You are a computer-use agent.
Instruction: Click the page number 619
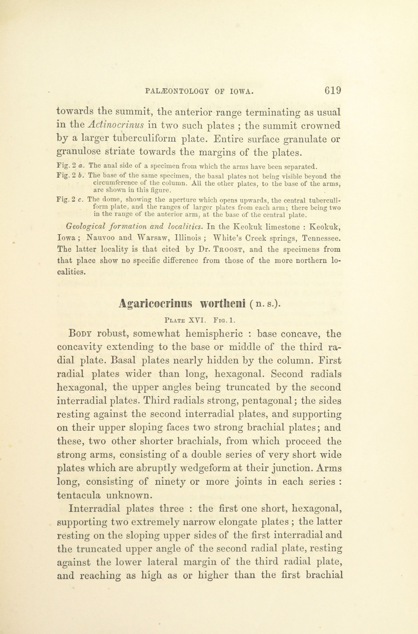pos(333,91)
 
